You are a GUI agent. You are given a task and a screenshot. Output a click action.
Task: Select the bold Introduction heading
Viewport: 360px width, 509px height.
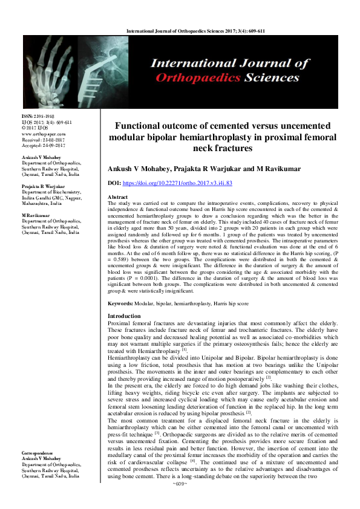[124, 316]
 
